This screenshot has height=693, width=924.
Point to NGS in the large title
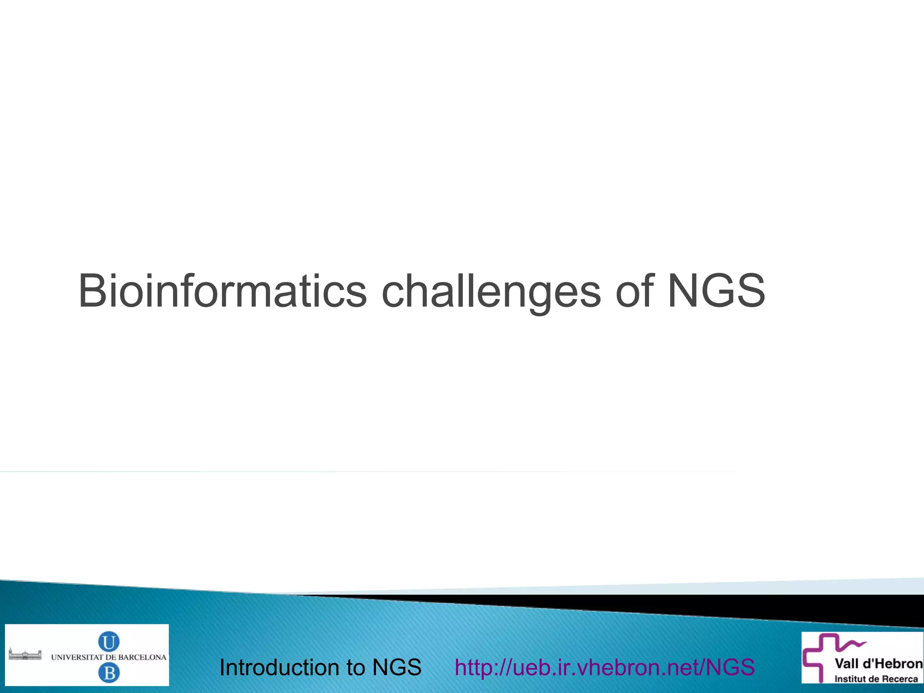pos(716,291)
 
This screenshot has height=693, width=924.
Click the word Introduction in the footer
pos(280,667)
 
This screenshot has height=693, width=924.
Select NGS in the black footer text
pos(397,667)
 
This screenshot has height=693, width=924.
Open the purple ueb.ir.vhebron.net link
pos(605,667)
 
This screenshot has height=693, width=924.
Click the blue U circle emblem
pos(109,642)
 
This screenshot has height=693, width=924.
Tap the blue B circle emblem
pos(109,674)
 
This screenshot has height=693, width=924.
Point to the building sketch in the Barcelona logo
pos(25,655)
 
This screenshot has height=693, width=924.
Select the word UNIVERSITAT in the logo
pos(77,657)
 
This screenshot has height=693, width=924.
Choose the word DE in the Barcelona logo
pos(111,657)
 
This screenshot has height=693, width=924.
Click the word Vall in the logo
pos(846,664)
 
